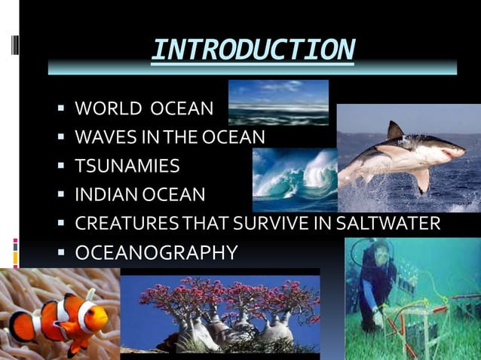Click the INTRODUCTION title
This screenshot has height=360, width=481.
252,50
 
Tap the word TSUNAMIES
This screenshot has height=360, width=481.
127,166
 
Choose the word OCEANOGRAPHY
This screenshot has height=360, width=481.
156,252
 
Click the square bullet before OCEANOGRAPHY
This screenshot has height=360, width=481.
62,252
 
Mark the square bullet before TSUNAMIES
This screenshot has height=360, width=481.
62,166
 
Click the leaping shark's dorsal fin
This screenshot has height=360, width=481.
394,131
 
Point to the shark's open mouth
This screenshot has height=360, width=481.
452,153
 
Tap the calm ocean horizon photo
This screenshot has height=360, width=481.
278,102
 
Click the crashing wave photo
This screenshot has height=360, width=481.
294,178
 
